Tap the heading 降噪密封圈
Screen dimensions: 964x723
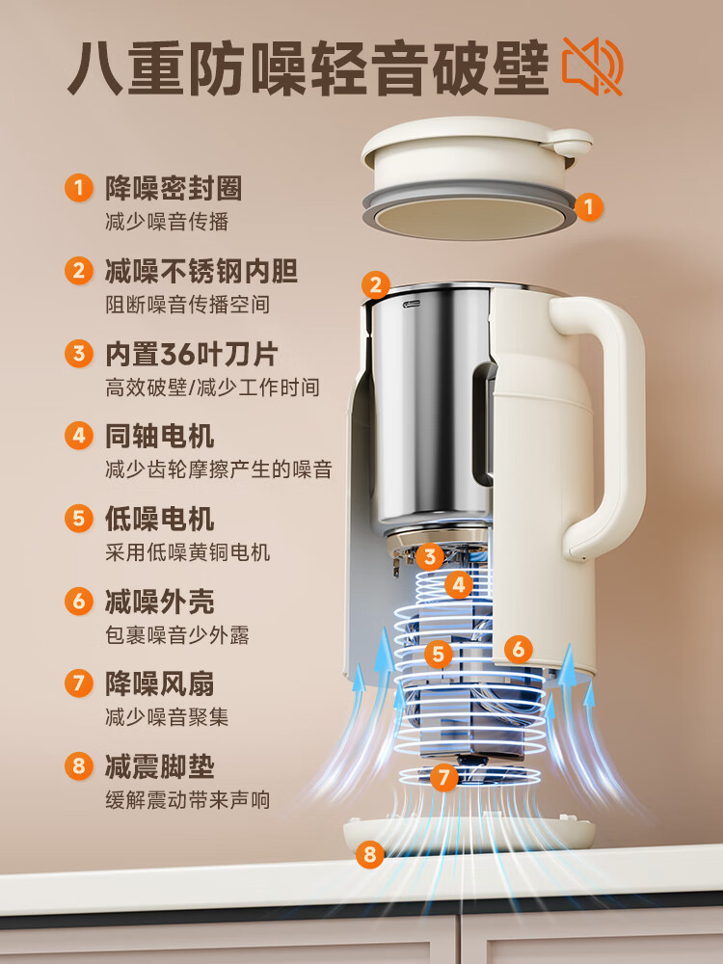coord(173,188)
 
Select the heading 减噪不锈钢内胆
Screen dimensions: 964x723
coord(201,271)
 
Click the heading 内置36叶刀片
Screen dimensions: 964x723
coord(190,354)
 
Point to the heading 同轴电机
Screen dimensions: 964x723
coord(159,436)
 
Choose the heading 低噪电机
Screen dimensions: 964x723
coord(159,519)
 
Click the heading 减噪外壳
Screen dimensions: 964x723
coord(159,602)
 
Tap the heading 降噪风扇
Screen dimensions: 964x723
coord(159,684)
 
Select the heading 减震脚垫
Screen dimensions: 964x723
coord(159,767)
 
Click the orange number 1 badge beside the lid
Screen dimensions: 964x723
coord(590,205)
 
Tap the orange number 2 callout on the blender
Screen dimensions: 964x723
coord(376,284)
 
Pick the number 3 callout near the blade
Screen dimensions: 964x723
coord(431,556)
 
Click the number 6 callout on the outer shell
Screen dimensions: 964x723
coord(518,649)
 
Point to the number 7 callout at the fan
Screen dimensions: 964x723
coord(443,777)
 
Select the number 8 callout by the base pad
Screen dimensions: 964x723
coord(369,853)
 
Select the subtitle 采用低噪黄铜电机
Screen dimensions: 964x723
coord(187,552)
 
